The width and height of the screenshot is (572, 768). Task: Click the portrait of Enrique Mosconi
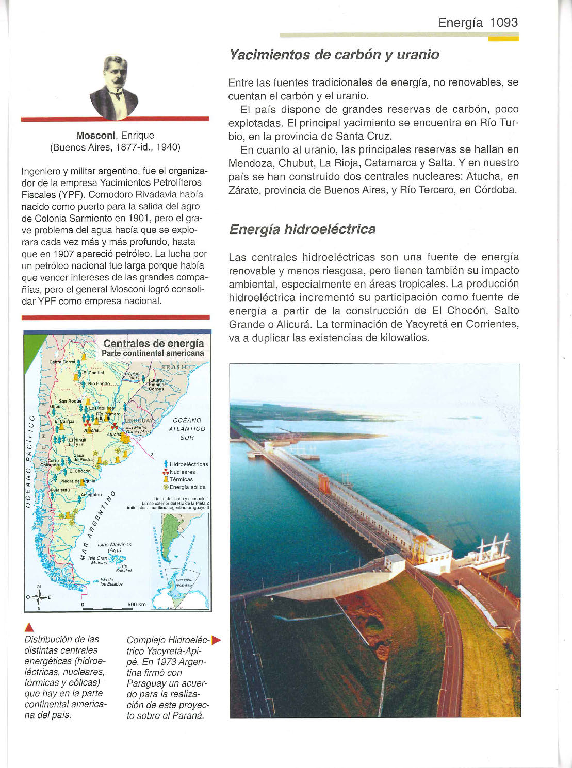coord(114,86)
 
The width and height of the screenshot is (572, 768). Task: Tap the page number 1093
coord(503,22)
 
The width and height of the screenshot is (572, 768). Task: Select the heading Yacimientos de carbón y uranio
coord(334,55)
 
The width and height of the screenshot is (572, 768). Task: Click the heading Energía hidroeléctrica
coord(302,229)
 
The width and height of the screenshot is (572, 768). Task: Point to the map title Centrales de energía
coord(153,344)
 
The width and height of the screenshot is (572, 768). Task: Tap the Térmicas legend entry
coord(181,479)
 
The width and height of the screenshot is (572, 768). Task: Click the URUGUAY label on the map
coord(137,420)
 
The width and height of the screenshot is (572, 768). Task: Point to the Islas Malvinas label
coord(114,545)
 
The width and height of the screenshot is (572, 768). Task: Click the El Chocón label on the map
coord(79,471)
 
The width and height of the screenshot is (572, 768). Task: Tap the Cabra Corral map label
coord(62,362)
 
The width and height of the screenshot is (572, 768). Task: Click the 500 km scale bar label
coord(137,604)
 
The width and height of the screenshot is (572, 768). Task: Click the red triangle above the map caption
coord(29,627)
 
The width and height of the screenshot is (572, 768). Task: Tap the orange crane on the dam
coord(324,482)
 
